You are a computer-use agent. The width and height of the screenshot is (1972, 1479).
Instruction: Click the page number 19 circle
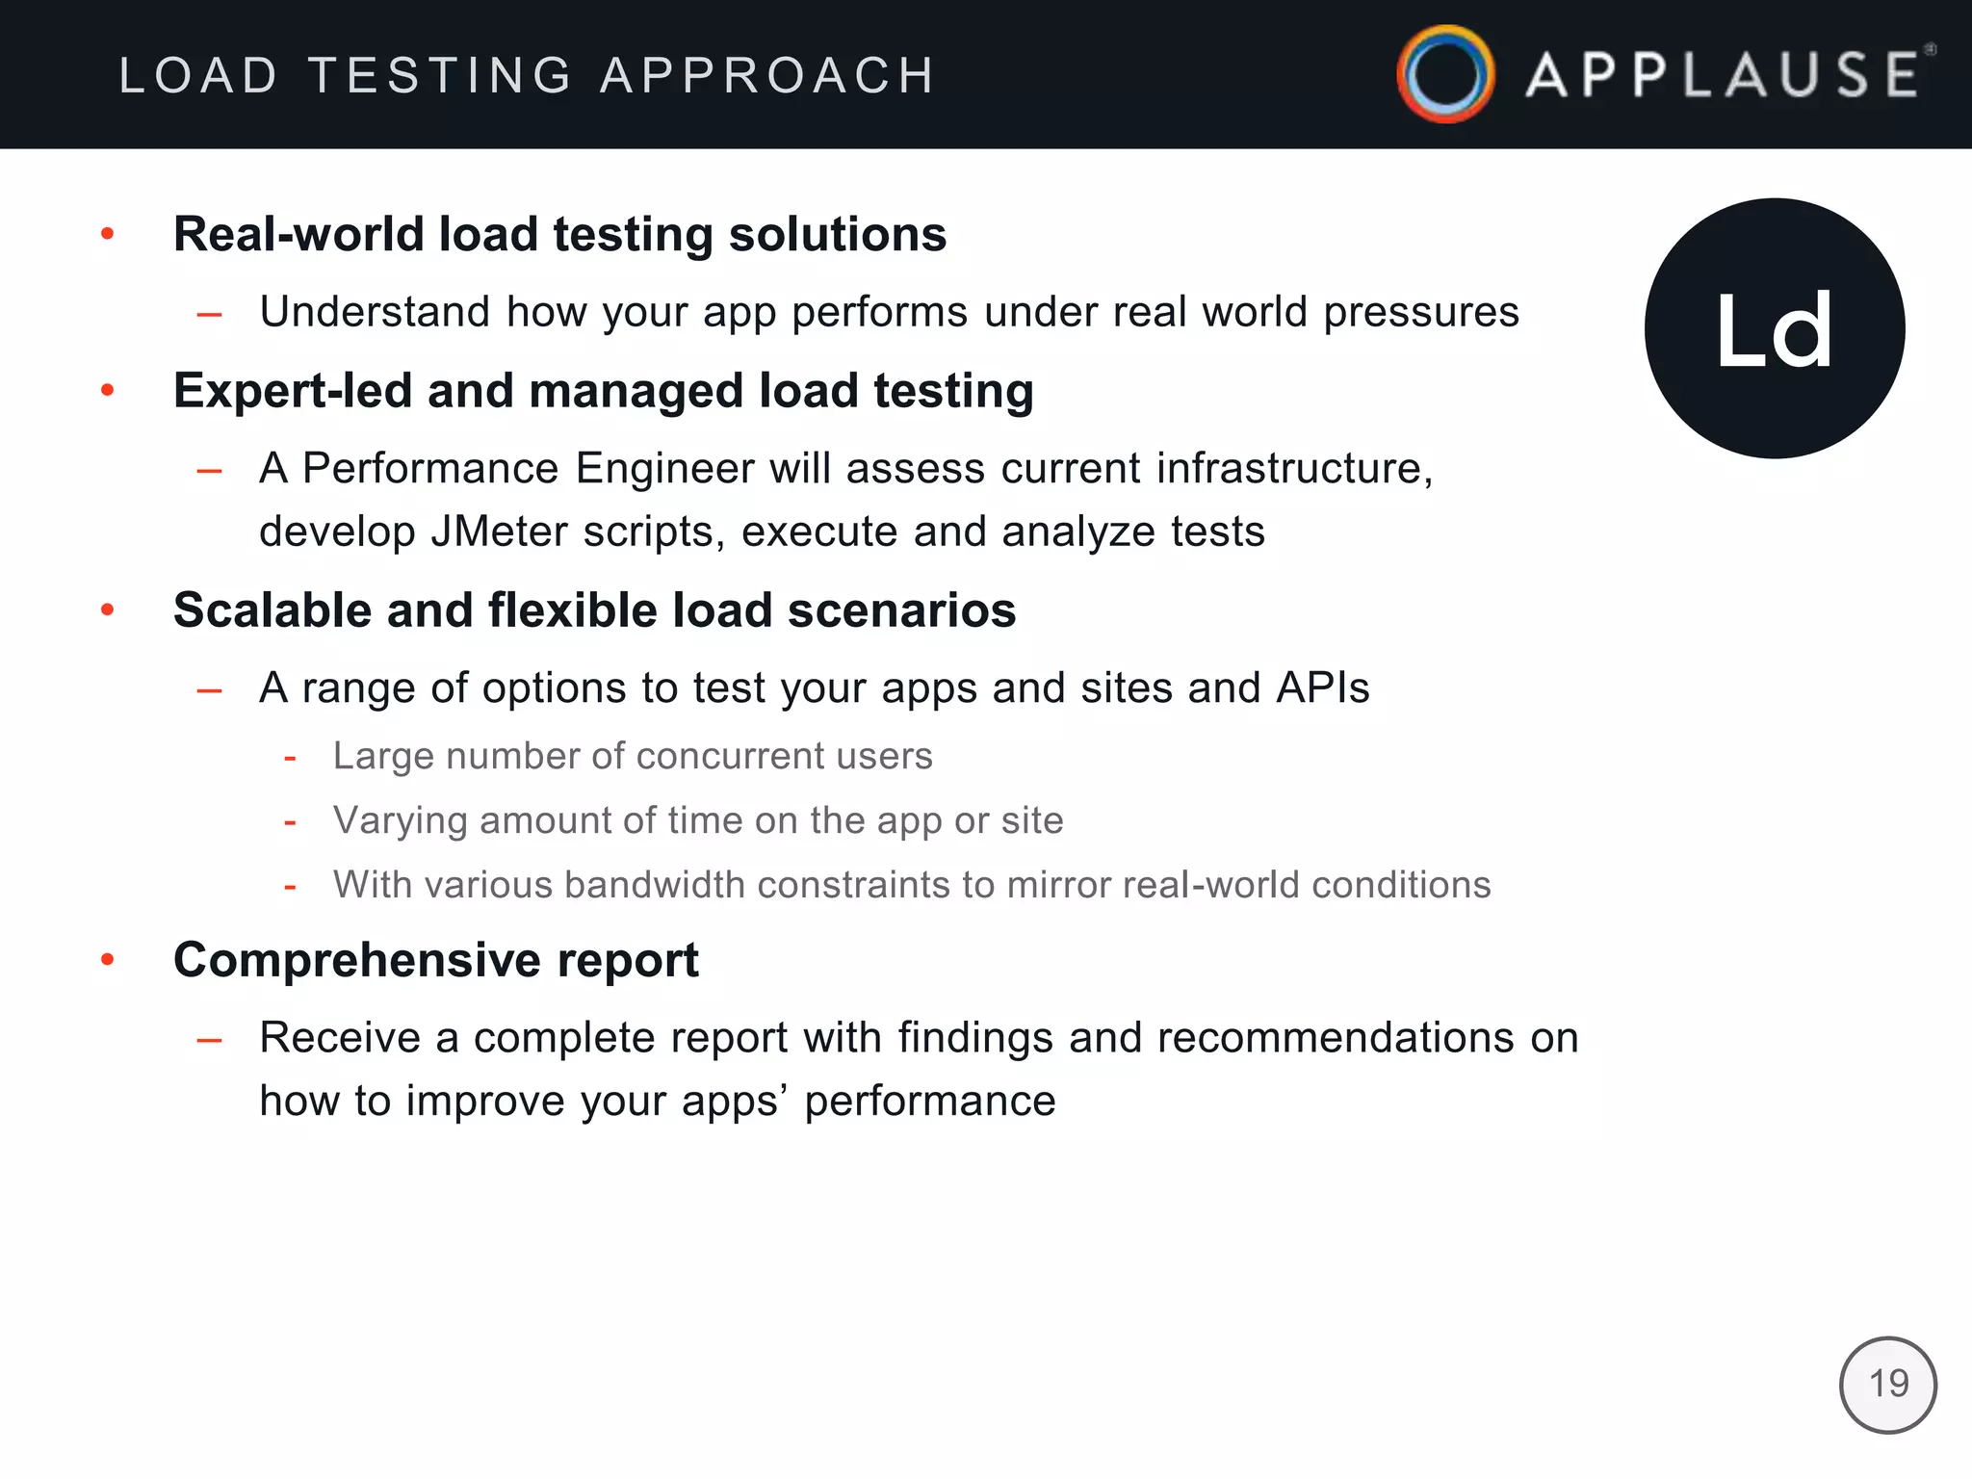coord(1887,1385)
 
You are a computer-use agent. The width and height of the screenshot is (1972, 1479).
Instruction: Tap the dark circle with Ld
coord(1775,328)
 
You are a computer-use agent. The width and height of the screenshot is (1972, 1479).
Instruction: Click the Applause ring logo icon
coord(1445,74)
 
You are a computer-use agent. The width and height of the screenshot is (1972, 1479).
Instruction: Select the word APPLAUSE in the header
coord(1724,75)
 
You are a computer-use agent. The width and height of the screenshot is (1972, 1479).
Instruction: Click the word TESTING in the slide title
coord(441,75)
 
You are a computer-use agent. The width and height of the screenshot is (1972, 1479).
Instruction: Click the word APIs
coord(1322,688)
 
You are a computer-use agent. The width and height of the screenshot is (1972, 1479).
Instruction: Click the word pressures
coord(1420,313)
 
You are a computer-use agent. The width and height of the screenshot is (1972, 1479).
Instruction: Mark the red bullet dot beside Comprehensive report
coord(108,960)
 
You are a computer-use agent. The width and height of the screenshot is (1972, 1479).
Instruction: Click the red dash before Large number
coord(290,758)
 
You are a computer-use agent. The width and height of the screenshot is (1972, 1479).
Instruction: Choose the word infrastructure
coord(1293,469)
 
